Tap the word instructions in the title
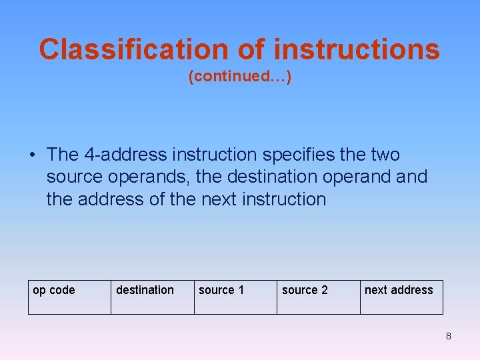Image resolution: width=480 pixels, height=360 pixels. click(357, 49)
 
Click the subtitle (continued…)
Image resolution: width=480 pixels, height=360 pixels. click(240, 77)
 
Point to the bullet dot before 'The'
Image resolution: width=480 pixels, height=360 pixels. click(32, 155)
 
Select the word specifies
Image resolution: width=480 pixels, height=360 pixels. click(299, 155)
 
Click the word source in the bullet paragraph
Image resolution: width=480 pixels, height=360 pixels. click(70, 177)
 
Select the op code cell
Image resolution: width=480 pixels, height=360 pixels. click(69, 297)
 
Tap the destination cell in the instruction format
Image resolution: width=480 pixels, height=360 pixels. click(152, 297)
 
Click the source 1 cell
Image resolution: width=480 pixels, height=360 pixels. click(235, 297)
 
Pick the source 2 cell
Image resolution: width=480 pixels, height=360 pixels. click(318, 297)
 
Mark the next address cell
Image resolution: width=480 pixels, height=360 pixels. click(401, 297)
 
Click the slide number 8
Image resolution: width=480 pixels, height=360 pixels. click(449, 336)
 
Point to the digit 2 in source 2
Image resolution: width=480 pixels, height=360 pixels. click(324, 290)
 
